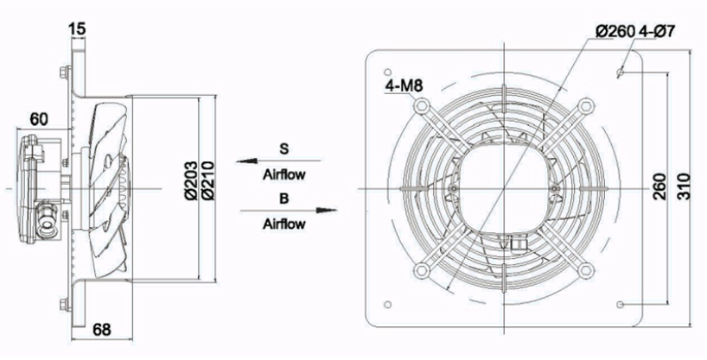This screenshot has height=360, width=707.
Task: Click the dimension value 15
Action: coord(76,28)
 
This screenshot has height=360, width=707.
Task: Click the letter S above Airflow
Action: coord(283,148)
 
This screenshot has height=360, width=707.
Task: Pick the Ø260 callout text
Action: coord(615,31)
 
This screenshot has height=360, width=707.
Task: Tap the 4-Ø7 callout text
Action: coord(658,31)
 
